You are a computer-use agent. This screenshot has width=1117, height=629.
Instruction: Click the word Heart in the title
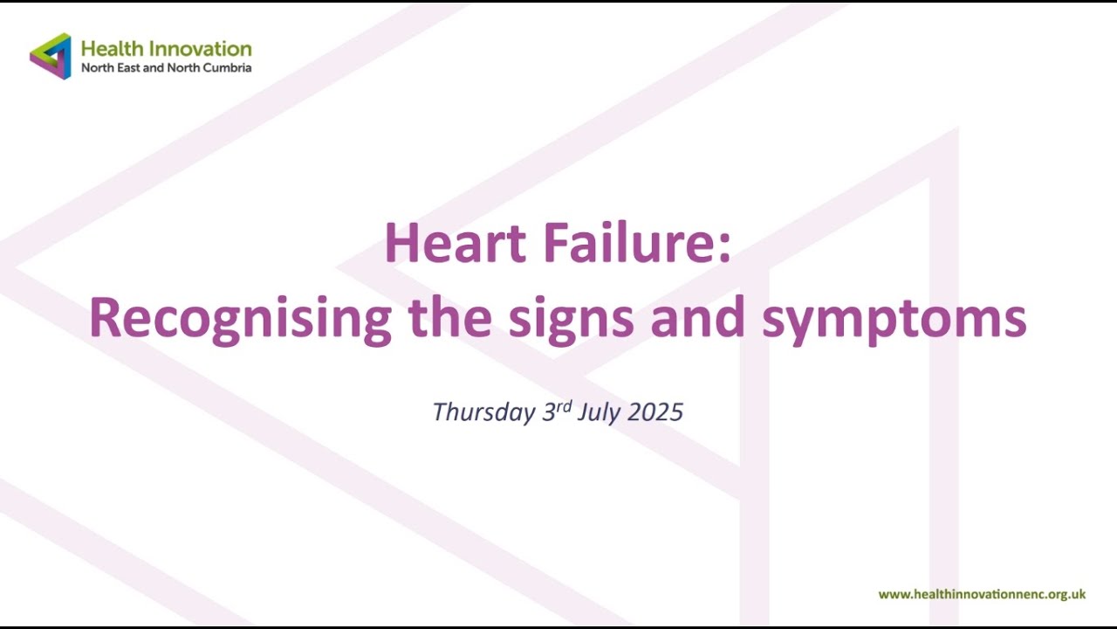[x=454, y=244]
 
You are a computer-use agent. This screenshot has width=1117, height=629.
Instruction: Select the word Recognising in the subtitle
[x=240, y=320]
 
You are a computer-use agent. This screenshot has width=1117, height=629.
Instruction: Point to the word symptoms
[x=894, y=320]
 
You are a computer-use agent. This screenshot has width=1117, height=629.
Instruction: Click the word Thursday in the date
[x=483, y=412]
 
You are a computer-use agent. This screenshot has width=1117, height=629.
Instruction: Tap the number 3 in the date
[x=549, y=412]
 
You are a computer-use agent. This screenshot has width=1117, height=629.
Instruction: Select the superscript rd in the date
[x=564, y=405]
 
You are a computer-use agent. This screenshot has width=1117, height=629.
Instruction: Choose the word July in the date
[x=598, y=412]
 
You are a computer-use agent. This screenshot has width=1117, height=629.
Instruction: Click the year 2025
[x=654, y=412]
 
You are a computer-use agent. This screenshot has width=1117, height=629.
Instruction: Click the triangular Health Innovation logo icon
[x=51, y=56]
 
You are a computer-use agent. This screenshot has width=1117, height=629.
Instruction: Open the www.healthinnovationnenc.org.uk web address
[x=982, y=594]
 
